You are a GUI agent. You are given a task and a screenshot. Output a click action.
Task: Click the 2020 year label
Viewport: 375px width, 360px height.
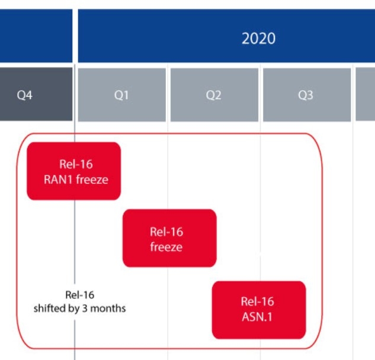[x=258, y=39]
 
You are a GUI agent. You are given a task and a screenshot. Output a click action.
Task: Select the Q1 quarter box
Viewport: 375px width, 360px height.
[x=122, y=95]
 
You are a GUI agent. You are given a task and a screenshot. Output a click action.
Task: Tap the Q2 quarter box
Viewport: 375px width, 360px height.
[x=214, y=95]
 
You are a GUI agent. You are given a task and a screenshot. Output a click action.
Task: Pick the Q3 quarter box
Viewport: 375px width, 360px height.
[x=307, y=95]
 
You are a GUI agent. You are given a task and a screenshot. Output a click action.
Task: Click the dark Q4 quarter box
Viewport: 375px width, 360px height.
[x=36, y=94]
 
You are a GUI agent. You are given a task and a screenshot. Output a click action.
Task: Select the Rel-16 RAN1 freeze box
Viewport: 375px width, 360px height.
[x=74, y=171]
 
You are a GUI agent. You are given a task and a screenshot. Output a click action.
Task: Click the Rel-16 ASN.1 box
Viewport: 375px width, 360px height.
[x=259, y=310]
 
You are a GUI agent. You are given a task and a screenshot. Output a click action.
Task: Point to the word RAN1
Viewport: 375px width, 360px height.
[x=58, y=180]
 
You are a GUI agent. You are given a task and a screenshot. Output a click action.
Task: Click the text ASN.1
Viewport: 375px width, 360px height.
[x=257, y=317]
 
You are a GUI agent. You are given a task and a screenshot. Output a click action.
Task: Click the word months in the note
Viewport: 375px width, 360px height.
[x=108, y=308]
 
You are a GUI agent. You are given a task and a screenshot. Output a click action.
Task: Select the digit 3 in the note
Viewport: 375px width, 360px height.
[x=85, y=308]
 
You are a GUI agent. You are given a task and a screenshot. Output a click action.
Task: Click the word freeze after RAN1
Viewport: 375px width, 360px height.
[x=92, y=180]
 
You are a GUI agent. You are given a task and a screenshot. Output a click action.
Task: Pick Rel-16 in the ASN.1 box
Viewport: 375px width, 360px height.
[x=257, y=301]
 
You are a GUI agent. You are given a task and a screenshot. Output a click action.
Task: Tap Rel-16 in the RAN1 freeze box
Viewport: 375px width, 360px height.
[x=76, y=164]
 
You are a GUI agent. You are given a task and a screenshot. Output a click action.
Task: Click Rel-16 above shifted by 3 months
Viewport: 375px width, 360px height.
[x=79, y=295]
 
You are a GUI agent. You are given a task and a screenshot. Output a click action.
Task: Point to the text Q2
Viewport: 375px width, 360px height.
[x=214, y=95]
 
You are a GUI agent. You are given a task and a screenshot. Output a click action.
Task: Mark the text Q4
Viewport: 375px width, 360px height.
[x=25, y=95]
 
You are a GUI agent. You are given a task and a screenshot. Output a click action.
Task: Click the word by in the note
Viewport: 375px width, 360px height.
[x=74, y=308]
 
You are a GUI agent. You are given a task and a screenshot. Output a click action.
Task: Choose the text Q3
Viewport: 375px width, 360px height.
[x=306, y=95]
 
